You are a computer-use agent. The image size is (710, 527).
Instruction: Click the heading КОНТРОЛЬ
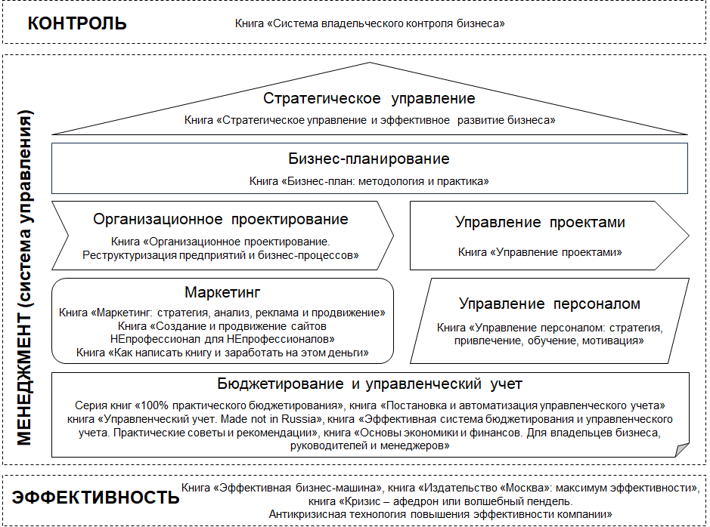[x=77, y=23]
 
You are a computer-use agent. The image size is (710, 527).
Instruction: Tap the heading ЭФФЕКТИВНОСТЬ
[x=95, y=497]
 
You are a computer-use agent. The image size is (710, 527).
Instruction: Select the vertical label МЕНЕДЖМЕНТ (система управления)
[x=25, y=278]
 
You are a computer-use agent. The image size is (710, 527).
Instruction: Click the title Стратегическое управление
[x=369, y=98]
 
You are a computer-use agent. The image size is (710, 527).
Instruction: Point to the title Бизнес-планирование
[x=369, y=159]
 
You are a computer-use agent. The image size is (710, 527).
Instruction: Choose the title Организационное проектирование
[x=221, y=219]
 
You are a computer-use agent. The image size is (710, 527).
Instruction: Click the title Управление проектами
[x=540, y=223]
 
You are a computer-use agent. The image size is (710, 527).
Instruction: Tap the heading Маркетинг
[x=222, y=292]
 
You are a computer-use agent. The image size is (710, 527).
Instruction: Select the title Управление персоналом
[x=550, y=304]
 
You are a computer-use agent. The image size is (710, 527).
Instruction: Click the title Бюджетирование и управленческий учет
[x=370, y=384]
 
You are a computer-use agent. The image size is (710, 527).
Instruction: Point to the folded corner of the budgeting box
[x=682, y=450]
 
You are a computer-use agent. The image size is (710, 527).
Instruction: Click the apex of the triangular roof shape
[x=370, y=63]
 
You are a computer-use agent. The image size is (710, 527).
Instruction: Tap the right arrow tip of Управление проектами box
[x=688, y=236]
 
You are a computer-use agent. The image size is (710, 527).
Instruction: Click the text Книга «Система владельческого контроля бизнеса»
[x=370, y=23]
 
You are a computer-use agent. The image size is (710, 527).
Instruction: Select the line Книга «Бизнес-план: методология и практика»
[x=369, y=181]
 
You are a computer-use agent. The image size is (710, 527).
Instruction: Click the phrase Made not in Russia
[x=272, y=419]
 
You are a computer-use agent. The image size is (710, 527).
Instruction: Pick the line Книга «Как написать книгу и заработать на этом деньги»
[x=222, y=353]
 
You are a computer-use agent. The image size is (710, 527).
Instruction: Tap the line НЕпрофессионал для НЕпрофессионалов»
[x=222, y=339]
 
